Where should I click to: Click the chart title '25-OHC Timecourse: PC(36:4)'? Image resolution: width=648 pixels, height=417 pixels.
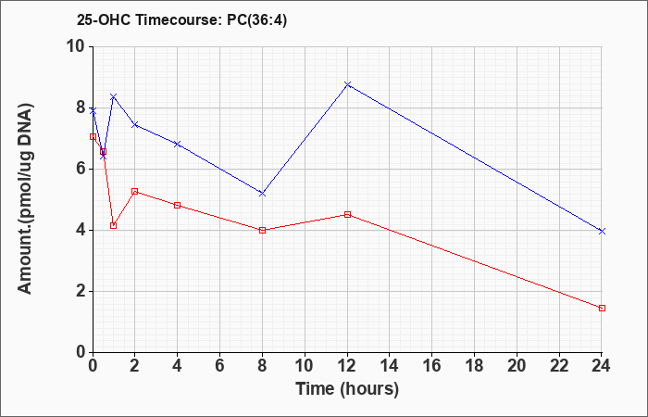[x=181, y=19]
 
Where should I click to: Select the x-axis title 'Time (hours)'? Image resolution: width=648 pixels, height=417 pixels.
[x=347, y=389]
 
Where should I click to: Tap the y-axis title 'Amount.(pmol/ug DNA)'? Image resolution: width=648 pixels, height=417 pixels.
[x=25, y=199]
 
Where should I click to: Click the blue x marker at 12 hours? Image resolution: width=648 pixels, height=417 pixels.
[x=347, y=84]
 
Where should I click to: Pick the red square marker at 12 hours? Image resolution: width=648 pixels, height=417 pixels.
[x=347, y=215]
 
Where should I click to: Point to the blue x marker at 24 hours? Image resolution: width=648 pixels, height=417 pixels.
[x=602, y=232]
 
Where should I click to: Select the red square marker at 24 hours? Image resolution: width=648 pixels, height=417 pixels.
[x=602, y=309]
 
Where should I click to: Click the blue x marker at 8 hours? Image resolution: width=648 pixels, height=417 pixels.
[x=262, y=193]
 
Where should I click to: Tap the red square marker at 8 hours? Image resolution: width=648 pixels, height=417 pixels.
[x=262, y=231]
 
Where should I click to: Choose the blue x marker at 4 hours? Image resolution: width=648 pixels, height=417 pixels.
[x=178, y=144]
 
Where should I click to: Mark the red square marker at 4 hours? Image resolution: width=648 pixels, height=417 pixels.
[x=178, y=205]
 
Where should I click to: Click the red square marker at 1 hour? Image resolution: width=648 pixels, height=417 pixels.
[x=114, y=225]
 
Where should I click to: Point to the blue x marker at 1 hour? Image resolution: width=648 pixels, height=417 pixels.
[x=114, y=96]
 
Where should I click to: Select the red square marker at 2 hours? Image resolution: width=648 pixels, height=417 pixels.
[x=135, y=192]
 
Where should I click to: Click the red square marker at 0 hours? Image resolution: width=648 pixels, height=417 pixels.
[x=93, y=136]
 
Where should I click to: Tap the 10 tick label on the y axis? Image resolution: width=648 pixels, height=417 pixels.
[x=77, y=46]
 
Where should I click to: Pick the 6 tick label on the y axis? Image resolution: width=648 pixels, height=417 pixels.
[x=81, y=170]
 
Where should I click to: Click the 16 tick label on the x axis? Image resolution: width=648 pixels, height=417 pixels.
[x=432, y=366]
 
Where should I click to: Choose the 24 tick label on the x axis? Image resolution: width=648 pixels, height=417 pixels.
[x=602, y=366]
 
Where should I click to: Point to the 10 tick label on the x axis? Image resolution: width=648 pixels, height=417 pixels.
[x=305, y=366]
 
